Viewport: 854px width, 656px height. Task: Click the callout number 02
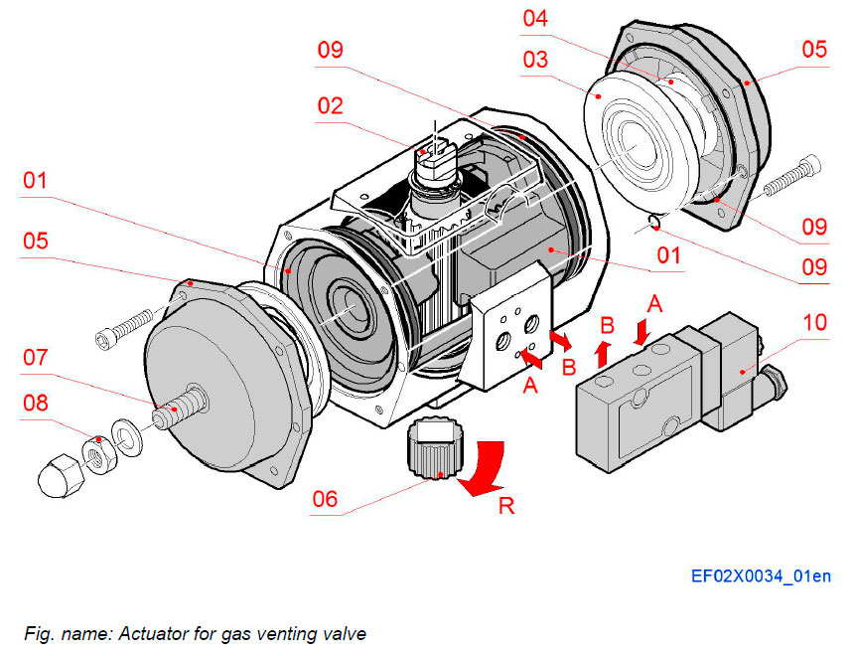(332, 104)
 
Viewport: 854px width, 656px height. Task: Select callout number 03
(535, 61)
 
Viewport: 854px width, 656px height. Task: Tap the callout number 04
(536, 18)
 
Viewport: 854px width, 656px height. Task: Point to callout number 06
(326, 500)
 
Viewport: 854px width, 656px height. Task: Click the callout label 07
(35, 357)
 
